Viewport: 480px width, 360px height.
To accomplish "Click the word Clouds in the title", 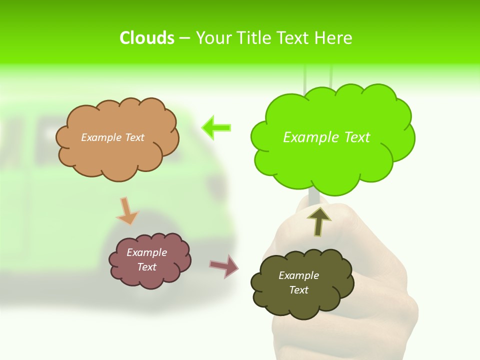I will click(x=147, y=38).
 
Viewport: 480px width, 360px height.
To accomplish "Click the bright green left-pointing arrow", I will click(x=216, y=128).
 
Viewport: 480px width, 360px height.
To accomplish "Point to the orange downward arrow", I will click(x=127, y=211).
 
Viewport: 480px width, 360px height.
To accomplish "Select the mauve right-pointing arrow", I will click(x=224, y=266).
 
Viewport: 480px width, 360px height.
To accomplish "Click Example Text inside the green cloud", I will click(x=326, y=137).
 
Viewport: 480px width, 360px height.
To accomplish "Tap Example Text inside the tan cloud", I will click(x=112, y=137).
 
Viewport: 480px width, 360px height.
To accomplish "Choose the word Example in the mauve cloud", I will click(x=146, y=252).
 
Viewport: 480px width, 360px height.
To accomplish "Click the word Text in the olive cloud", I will click(x=298, y=290).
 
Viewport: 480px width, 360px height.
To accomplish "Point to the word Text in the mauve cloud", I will click(x=146, y=267).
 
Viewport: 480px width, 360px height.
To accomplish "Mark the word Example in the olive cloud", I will click(x=298, y=275).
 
